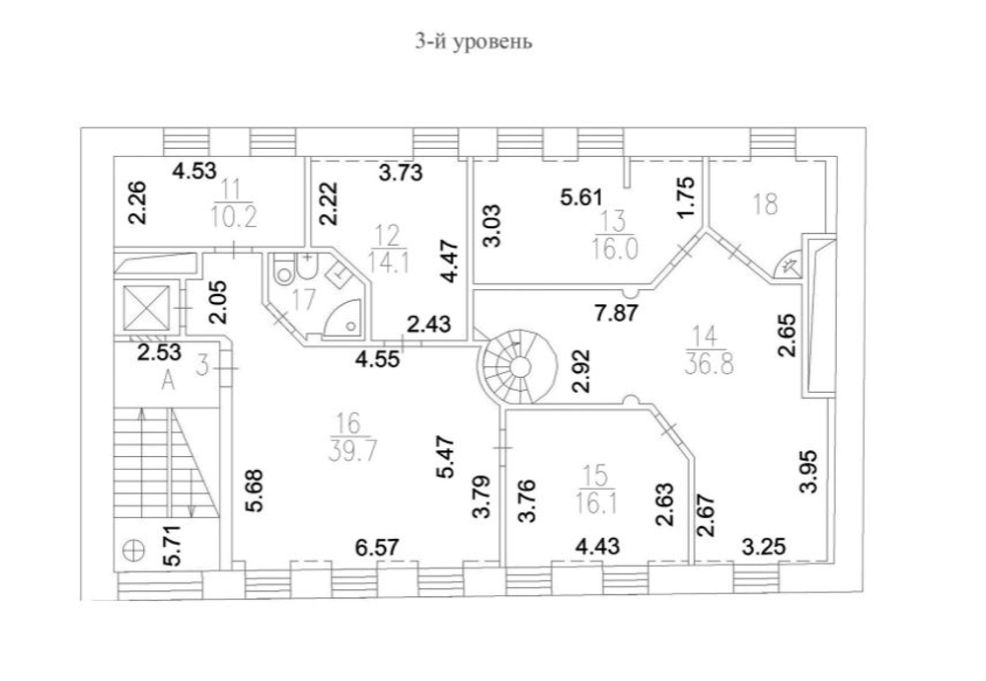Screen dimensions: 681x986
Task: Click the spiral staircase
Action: (x=512, y=368)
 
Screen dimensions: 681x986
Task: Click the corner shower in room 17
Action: (x=344, y=319)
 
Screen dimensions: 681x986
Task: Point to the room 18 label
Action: (x=765, y=204)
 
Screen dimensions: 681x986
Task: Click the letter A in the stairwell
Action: (x=168, y=383)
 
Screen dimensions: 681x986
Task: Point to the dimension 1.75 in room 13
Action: (x=688, y=196)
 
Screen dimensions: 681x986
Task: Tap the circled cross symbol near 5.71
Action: (x=132, y=549)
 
